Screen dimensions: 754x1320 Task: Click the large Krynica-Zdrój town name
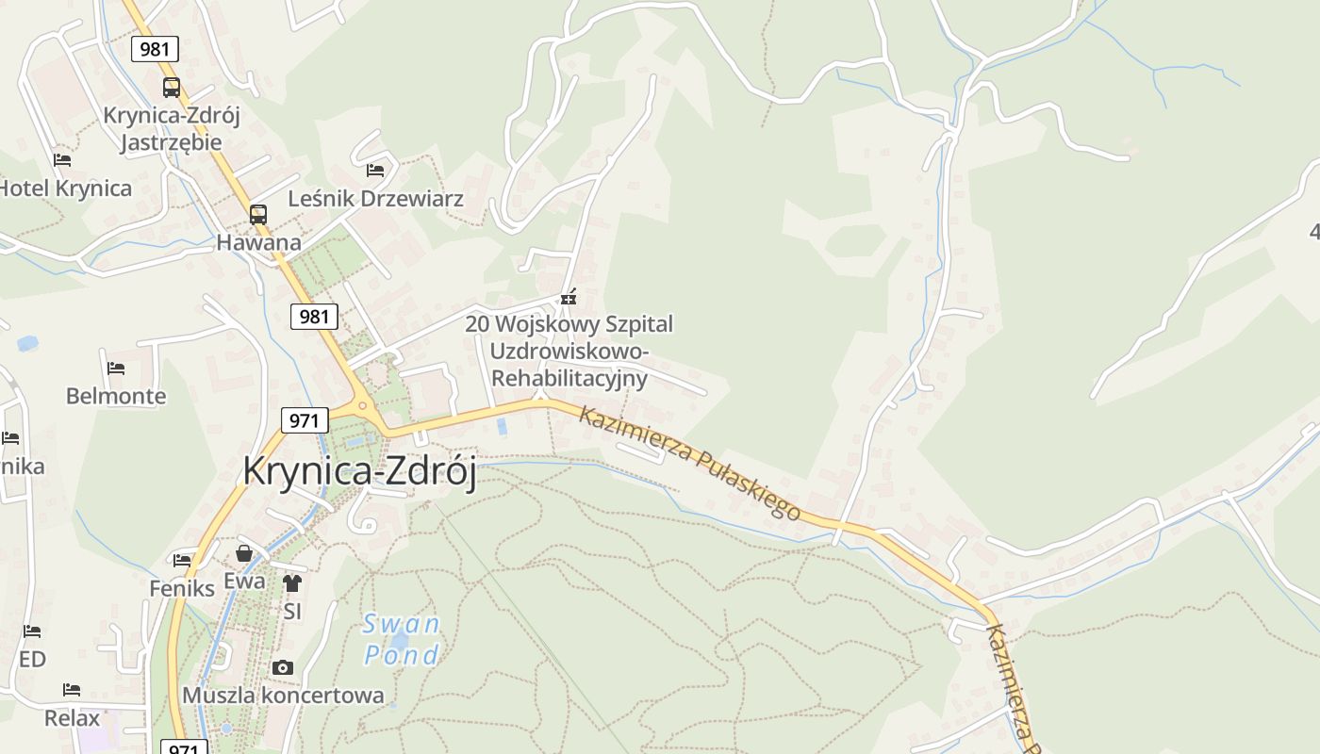(x=359, y=470)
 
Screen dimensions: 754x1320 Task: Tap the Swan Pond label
(x=402, y=639)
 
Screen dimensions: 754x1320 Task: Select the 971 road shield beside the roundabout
(x=304, y=419)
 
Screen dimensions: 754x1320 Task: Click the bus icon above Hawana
(x=258, y=214)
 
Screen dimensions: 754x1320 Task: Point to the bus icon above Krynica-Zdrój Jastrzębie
(x=172, y=88)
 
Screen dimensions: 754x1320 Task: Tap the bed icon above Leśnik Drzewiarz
(x=375, y=171)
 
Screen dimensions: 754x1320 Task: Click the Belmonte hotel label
(x=116, y=396)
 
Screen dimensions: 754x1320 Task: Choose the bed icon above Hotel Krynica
(x=62, y=160)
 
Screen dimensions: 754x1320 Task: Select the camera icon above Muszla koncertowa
(x=282, y=667)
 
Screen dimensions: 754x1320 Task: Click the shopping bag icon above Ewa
(x=244, y=553)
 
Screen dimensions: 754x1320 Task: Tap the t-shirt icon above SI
(x=292, y=583)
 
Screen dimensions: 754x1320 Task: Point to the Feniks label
(x=182, y=588)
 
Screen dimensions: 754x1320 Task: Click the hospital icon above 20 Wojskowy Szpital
(x=568, y=298)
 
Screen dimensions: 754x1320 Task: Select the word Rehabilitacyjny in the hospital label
(x=570, y=379)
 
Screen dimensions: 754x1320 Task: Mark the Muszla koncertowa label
(x=283, y=696)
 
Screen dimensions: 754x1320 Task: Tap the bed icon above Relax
(x=72, y=690)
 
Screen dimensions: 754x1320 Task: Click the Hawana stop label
(x=258, y=242)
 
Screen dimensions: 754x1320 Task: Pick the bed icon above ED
(x=32, y=631)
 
